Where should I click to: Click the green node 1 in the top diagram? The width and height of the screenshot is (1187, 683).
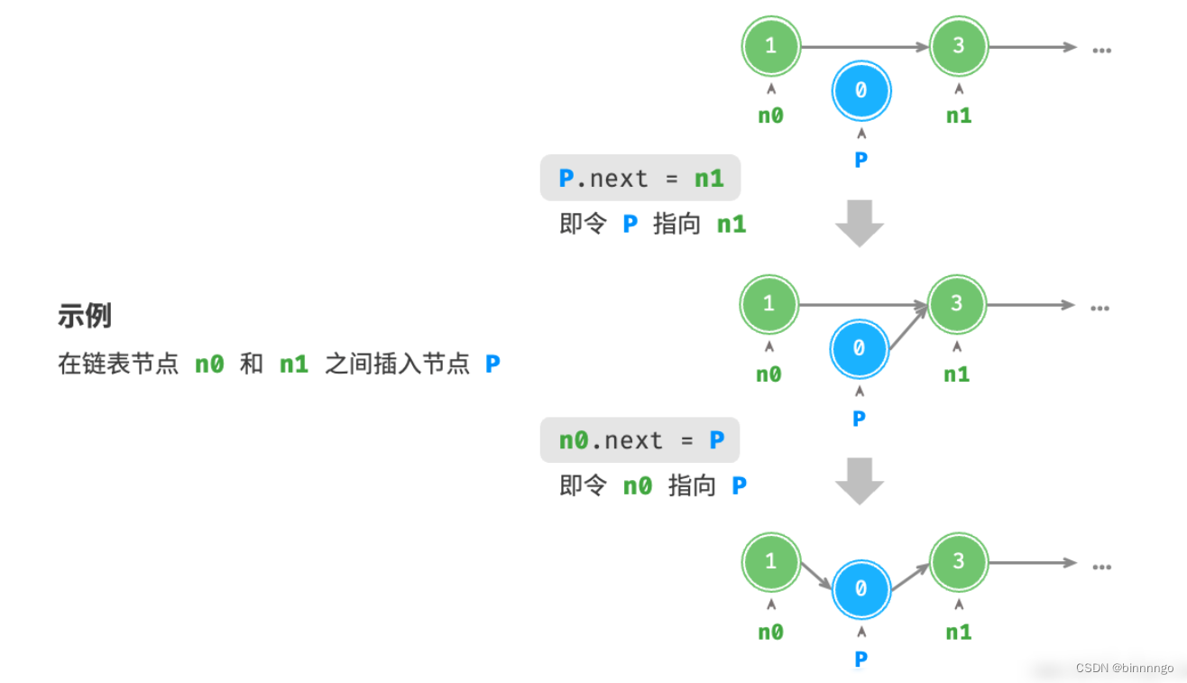coord(770,45)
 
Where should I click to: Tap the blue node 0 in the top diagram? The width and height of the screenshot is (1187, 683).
coord(860,90)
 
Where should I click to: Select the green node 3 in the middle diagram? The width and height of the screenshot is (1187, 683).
coord(957,304)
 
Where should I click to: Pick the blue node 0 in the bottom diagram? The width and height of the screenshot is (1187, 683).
coord(860,588)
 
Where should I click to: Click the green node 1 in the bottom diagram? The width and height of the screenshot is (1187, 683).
coord(770,561)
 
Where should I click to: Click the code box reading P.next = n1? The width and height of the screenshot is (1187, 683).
coord(640,179)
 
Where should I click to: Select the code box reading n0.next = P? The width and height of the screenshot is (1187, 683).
coord(640,440)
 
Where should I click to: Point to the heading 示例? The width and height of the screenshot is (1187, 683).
coord(85,316)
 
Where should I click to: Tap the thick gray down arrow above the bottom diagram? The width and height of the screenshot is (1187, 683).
coord(859,482)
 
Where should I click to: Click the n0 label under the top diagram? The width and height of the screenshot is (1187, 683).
coord(770,115)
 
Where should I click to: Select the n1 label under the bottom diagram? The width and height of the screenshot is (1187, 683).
coord(958,632)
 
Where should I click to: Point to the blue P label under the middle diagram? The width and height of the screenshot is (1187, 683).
coord(859,419)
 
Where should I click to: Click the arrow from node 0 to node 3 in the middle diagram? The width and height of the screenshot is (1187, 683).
coord(908,327)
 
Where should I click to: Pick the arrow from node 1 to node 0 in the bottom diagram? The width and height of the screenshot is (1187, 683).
coord(816,575)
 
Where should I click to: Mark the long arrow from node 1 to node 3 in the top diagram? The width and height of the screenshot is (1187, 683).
coord(864,46)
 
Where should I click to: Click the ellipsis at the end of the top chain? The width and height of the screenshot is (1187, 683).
coord(1101,49)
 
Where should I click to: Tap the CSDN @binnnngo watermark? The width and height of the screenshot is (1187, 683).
coord(1125,669)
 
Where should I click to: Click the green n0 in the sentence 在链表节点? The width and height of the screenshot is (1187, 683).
coord(209,365)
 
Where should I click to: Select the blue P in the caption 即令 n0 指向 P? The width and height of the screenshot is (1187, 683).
coord(739,486)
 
